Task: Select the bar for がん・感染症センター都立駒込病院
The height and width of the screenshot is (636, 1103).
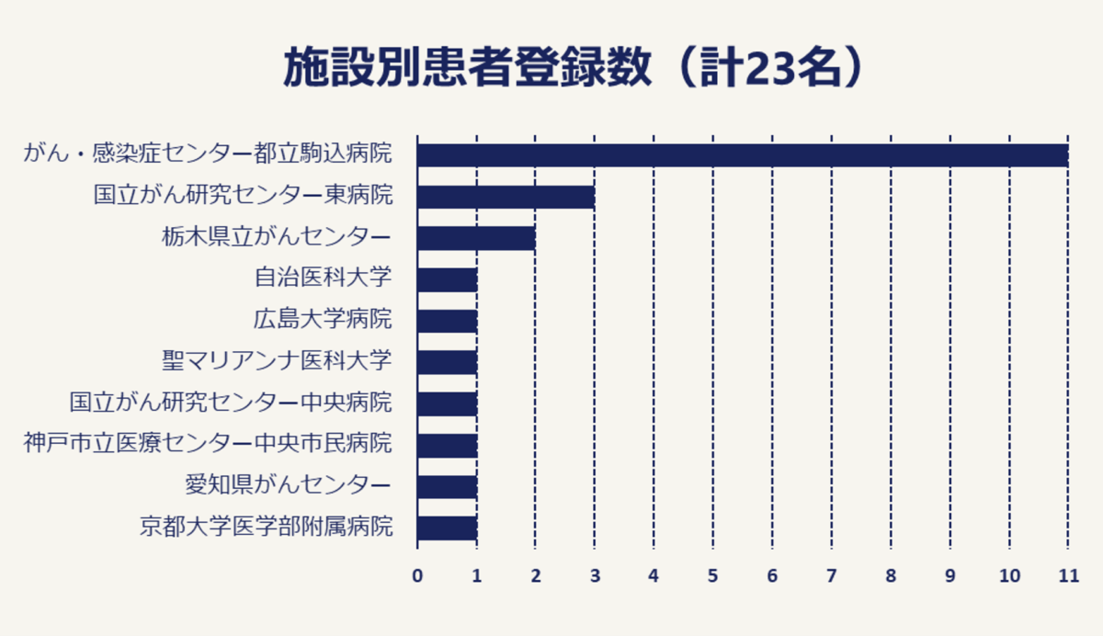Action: point(742,154)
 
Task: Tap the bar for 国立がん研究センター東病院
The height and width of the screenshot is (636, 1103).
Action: point(506,197)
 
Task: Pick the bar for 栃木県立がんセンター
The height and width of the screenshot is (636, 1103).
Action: point(476,238)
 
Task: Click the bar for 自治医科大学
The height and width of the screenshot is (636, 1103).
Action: point(447,279)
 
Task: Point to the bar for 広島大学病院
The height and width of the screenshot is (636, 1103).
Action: point(447,321)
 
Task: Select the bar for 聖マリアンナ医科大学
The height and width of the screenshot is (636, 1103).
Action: point(447,362)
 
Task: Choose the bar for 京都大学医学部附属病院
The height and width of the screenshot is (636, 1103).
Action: point(447,528)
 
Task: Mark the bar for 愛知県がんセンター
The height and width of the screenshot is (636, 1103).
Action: point(447,487)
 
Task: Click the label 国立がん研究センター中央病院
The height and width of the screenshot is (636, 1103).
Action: point(231,403)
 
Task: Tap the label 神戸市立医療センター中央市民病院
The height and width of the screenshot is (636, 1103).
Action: point(208,444)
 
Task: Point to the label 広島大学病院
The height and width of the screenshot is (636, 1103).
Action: point(323,320)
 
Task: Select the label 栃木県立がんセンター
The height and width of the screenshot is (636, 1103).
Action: point(276,237)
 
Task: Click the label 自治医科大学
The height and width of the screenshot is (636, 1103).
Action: point(323,278)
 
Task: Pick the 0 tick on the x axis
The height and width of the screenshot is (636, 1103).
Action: point(417,576)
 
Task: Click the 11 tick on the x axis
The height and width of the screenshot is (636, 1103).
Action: point(1067,576)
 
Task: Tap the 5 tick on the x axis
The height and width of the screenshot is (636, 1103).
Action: point(712,576)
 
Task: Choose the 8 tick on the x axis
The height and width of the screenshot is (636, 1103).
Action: point(890,576)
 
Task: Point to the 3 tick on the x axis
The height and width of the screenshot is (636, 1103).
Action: point(595,576)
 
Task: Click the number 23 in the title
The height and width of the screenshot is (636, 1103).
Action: point(770,70)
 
